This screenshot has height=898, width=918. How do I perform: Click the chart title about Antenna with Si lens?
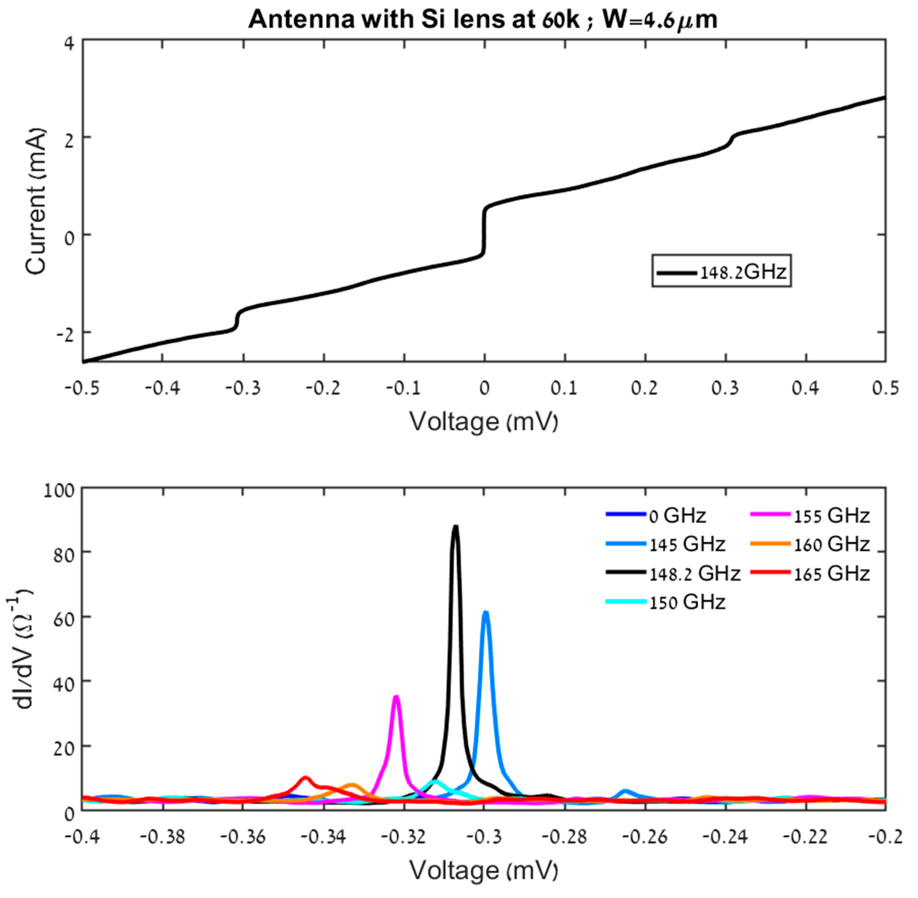click(482, 20)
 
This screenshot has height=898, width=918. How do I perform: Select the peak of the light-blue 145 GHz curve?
click(485, 613)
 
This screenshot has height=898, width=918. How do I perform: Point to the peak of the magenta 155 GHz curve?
click(397, 697)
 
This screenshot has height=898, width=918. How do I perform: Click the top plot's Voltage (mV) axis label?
click(483, 421)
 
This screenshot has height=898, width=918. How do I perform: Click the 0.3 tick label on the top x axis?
click(725, 388)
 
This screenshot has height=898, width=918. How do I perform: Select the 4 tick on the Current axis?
click(69, 43)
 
